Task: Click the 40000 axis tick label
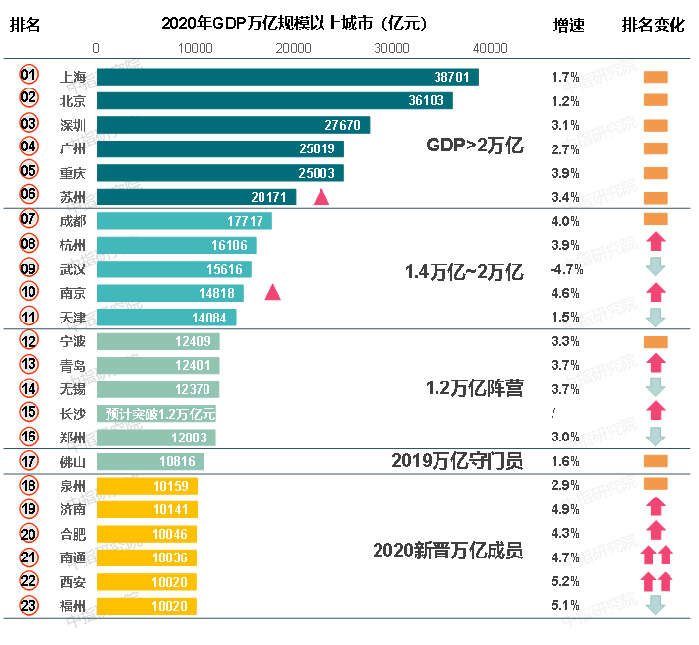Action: coord(490,48)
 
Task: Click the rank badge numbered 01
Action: coord(29,75)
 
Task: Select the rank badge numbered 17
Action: coord(29,461)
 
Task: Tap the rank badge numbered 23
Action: coord(29,605)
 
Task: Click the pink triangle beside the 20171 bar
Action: coord(321,197)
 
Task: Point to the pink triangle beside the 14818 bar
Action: coord(272,292)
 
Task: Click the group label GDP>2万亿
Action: coord(474,146)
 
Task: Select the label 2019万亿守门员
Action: coord(457,460)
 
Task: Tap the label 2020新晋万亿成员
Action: coord(447,551)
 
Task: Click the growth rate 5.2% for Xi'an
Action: coord(565,581)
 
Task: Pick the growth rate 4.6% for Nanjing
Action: coord(565,293)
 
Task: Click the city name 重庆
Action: coord(73,172)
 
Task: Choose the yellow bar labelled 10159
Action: coord(147,486)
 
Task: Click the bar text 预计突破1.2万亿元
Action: coord(159,413)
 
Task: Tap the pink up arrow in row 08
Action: coord(656,243)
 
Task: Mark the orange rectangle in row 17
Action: coord(655,461)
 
